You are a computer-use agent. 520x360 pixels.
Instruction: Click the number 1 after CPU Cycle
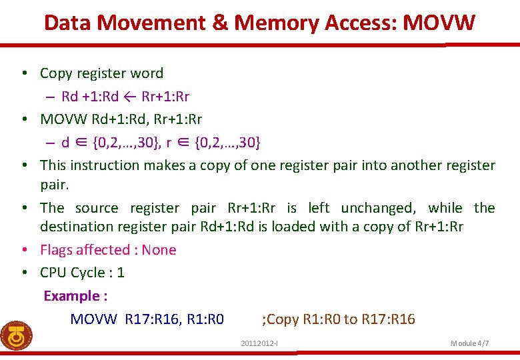pyautogui.click(x=121, y=273)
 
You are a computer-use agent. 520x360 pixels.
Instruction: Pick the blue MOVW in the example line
pyautogui.click(x=93, y=319)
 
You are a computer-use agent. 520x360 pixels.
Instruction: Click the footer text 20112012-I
pyautogui.click(x=260, y=343)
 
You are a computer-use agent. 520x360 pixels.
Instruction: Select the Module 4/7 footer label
pyautogui.click(x=470, y=343)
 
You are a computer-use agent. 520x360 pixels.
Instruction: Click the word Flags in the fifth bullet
pyautogui.click(x=58, y=250)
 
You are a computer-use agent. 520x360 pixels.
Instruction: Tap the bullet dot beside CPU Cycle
pyautogui.click(x=23, y=273)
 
